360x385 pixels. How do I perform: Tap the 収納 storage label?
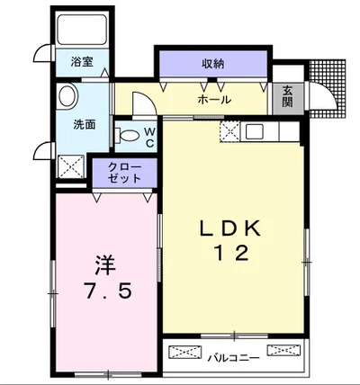tap(212, 63)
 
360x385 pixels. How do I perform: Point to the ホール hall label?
tap(213, 99)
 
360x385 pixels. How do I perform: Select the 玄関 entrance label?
tap(286, 94)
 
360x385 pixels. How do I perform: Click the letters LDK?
tap(229, 229)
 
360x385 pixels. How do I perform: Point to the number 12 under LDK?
tap(229, 255)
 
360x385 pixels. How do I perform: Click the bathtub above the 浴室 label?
tap(82, 34)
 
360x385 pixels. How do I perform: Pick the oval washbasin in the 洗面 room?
tap(67, 97)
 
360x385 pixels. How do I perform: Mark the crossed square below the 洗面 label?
tap(69, 165)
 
